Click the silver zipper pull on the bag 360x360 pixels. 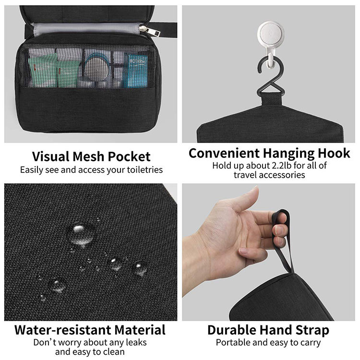(143, 29)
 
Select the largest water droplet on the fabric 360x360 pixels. (80, 234)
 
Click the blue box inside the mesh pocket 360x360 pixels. (135, 71)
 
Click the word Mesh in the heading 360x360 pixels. (88, 156)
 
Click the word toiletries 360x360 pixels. (145, 170)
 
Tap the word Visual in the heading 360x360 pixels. (50, 156)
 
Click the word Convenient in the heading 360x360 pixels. (224, 153)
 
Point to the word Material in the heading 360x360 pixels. (140, 330)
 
